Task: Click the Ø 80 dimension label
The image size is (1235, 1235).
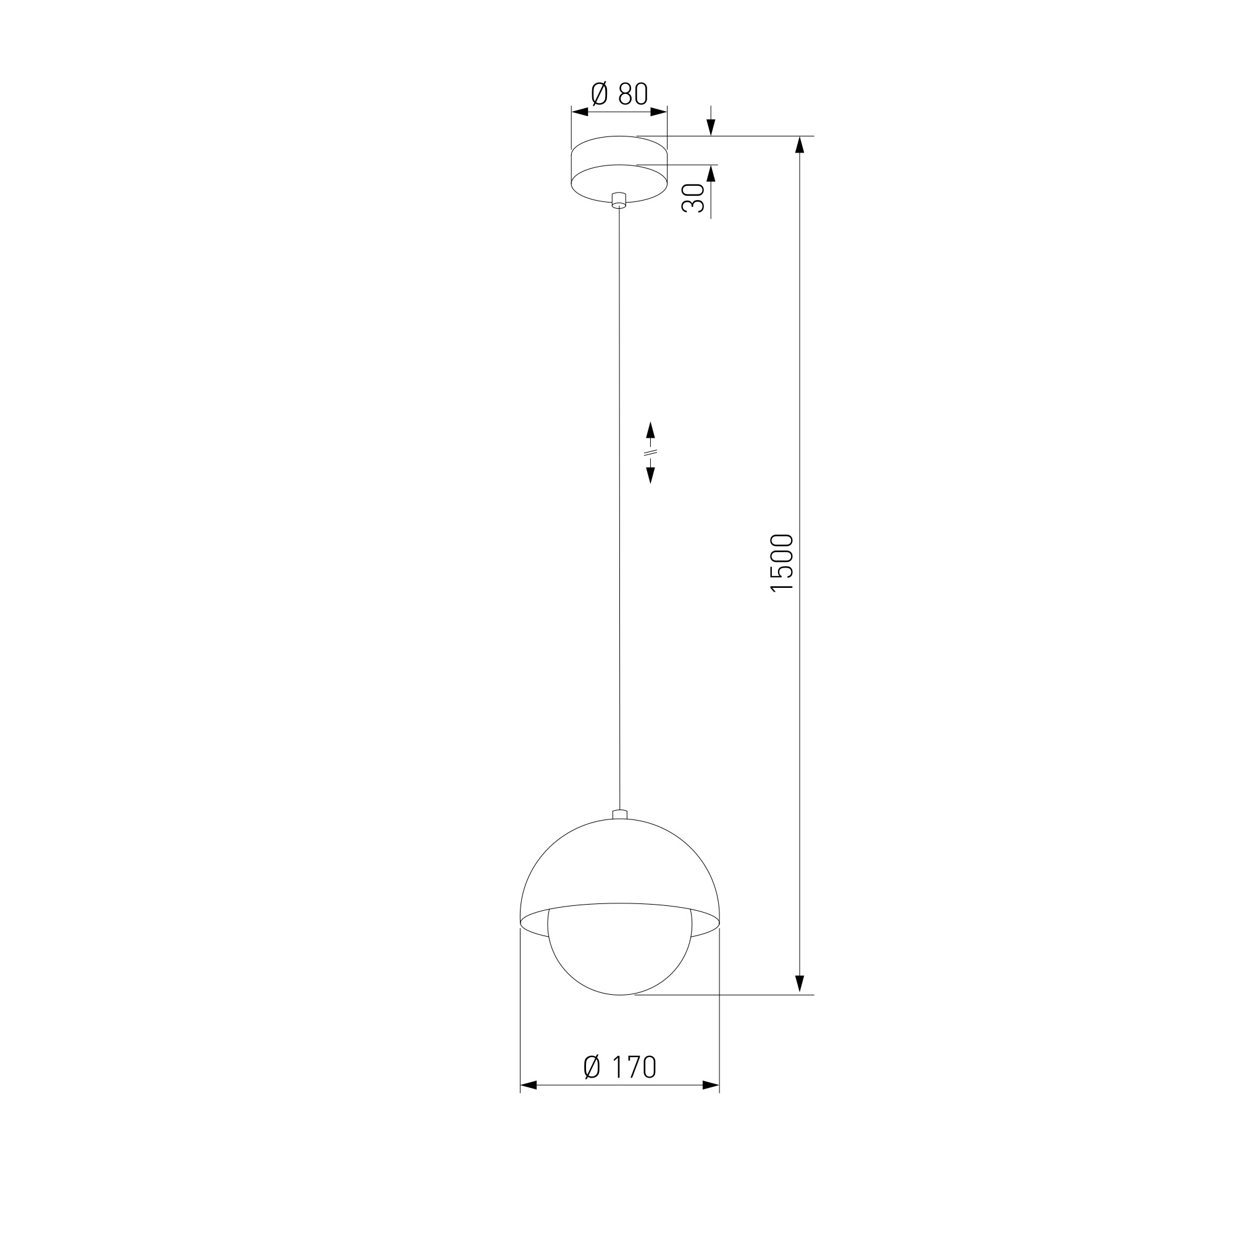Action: coord(619,94)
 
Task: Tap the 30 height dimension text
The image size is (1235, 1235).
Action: coord(693,198)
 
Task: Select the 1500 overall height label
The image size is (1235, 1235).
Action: coord(782,563)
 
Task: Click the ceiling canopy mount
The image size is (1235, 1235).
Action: coord(619,169)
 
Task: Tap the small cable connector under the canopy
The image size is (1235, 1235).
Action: coord(619,200)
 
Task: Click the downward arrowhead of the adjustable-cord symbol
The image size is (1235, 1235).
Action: coord(651,475)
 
